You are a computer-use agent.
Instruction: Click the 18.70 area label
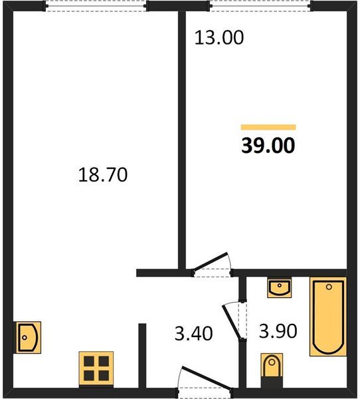coord(103,174)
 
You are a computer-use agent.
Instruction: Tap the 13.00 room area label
coord(219,37)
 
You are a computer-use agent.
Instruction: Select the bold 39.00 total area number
coord(268,145)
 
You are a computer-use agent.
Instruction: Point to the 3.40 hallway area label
coord(193,333)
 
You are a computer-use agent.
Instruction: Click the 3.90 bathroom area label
coord(278,331)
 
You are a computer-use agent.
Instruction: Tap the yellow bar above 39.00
coord(268,127)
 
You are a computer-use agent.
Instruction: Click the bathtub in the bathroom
coord(328,317)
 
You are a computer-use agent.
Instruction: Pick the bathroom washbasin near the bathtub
coord(280,287)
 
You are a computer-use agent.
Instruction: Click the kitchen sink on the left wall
coord(27,337)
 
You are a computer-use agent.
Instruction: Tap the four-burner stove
coord(96,368)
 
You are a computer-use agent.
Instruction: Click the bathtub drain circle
coord(329,287)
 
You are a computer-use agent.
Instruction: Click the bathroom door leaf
coord(231,322)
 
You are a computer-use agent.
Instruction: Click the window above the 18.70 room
coord(96,6)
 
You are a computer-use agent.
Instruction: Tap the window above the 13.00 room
coord(260,6)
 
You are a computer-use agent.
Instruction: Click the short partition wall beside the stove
coord(142,356)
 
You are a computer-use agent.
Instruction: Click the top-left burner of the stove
coord(89,361)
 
